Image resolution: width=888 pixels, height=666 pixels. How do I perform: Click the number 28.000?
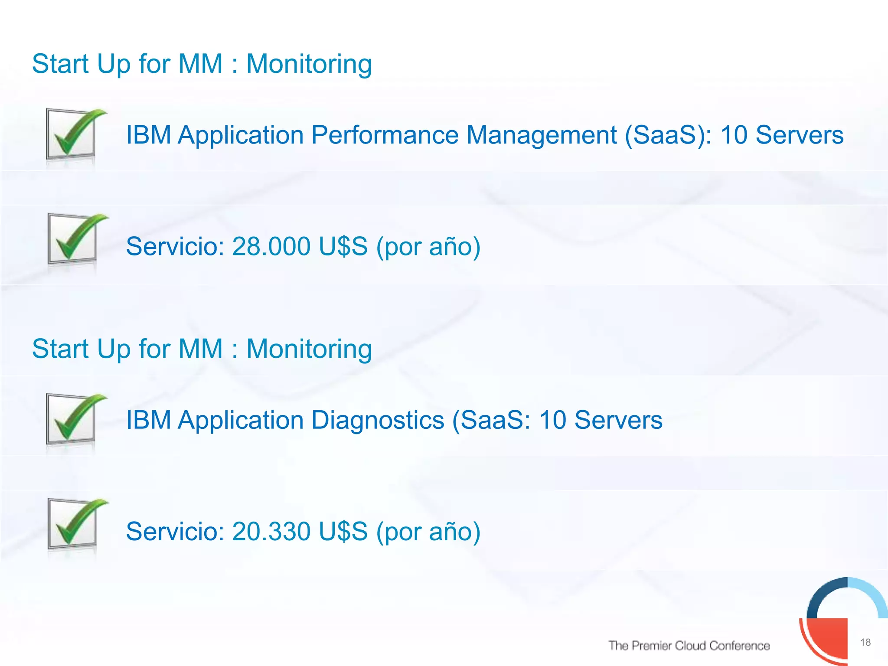coord(271,246)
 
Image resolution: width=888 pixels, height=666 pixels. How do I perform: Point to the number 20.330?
coord(271,532)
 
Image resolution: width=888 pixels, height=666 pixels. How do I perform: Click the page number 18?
coord(865,642)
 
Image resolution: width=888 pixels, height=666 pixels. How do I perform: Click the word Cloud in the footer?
coord(690,646)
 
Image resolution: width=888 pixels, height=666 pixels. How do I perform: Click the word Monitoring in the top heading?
coord(309,64)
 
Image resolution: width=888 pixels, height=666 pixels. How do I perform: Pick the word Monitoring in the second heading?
coord(309,349)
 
